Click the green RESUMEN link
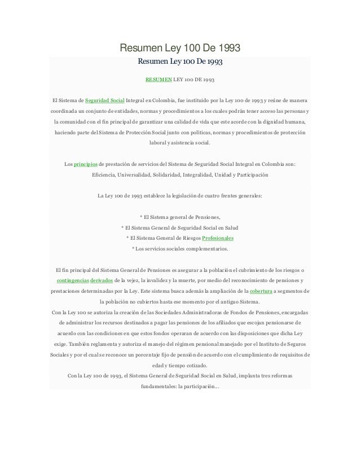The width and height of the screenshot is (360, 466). pos(157,80)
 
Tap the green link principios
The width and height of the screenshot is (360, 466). pos(85,164)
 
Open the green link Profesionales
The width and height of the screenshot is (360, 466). pos(218,238)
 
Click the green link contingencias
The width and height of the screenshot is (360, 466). pos(72,280)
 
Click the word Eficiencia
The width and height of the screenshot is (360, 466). pos(105,175)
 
